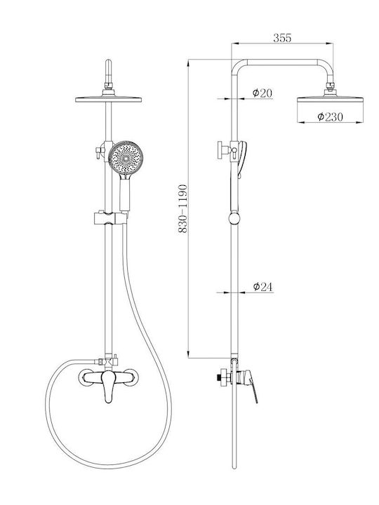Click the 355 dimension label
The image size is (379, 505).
tap(282, 38)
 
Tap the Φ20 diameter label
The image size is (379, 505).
tap(262, 93)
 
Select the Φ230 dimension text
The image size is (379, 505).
tap(330, 116)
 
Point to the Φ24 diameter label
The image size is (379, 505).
tap(262, 286)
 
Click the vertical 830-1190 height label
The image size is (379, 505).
tap(182, 208)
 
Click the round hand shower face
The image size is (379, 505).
tap(126, 158)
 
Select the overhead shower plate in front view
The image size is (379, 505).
tap(108, 99)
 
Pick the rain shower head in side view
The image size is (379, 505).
tap(330, 99)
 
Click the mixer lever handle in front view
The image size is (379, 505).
tap(109, 386)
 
